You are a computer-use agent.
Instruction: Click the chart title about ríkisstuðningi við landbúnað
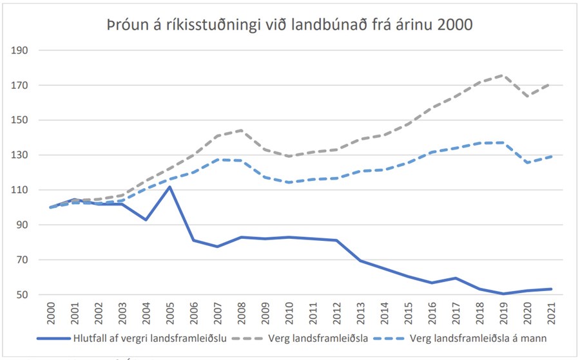(x=289, y=25)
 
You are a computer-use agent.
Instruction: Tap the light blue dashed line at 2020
(x=528, y=163)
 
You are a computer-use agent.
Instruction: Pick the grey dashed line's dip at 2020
(x=528, y=96)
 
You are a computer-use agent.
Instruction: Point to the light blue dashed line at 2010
(x=290, y=182)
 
